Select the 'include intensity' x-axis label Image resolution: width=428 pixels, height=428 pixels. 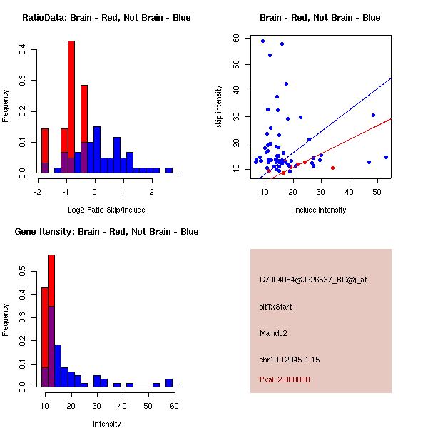(320, 210)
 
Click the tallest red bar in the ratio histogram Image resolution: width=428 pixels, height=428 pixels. (71, 107)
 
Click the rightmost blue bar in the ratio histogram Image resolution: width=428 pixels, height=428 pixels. (169, 170)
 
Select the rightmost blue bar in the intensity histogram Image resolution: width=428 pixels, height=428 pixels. (169, 382)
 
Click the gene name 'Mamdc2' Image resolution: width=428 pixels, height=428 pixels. (273, 333)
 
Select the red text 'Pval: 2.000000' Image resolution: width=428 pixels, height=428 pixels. (285, 379)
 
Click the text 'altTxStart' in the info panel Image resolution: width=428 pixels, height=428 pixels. (275, 307)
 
